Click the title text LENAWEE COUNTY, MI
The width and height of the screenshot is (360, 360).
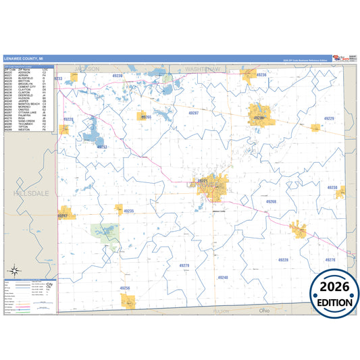click(23, 59)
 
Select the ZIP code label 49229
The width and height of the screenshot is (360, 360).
click(329, 118)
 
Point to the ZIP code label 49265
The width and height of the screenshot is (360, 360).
click(145, 117)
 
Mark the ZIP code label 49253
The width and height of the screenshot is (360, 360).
click(102, 146)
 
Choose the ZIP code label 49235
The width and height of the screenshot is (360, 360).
click(128, 211)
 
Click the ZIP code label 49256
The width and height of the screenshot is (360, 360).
click(125, 288)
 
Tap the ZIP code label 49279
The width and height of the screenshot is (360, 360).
click(184, 265)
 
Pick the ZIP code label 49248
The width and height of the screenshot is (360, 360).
click(223, 277)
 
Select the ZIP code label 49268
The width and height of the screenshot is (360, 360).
click(271, 201)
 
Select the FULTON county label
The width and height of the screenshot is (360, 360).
click(221, 311)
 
